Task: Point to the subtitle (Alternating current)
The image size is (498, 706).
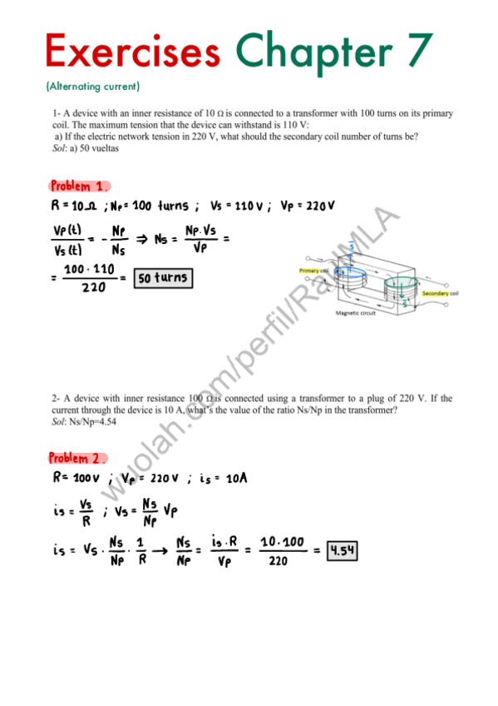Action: [x=93, y=86]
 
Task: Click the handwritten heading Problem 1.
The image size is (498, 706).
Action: [x=79, y=186]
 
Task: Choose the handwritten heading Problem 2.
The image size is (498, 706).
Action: [x=78, y=458]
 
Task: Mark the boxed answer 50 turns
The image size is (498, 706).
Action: [x=163, y=277]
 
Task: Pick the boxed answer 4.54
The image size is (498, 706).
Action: [x=342, y=550]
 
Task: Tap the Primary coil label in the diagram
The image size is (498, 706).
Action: [x=313, y=271]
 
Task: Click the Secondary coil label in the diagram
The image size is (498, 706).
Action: [x=441, y=294]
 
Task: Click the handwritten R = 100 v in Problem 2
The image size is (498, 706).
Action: [x=76, y=479]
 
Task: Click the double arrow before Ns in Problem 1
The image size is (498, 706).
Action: [x=141, y=238]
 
